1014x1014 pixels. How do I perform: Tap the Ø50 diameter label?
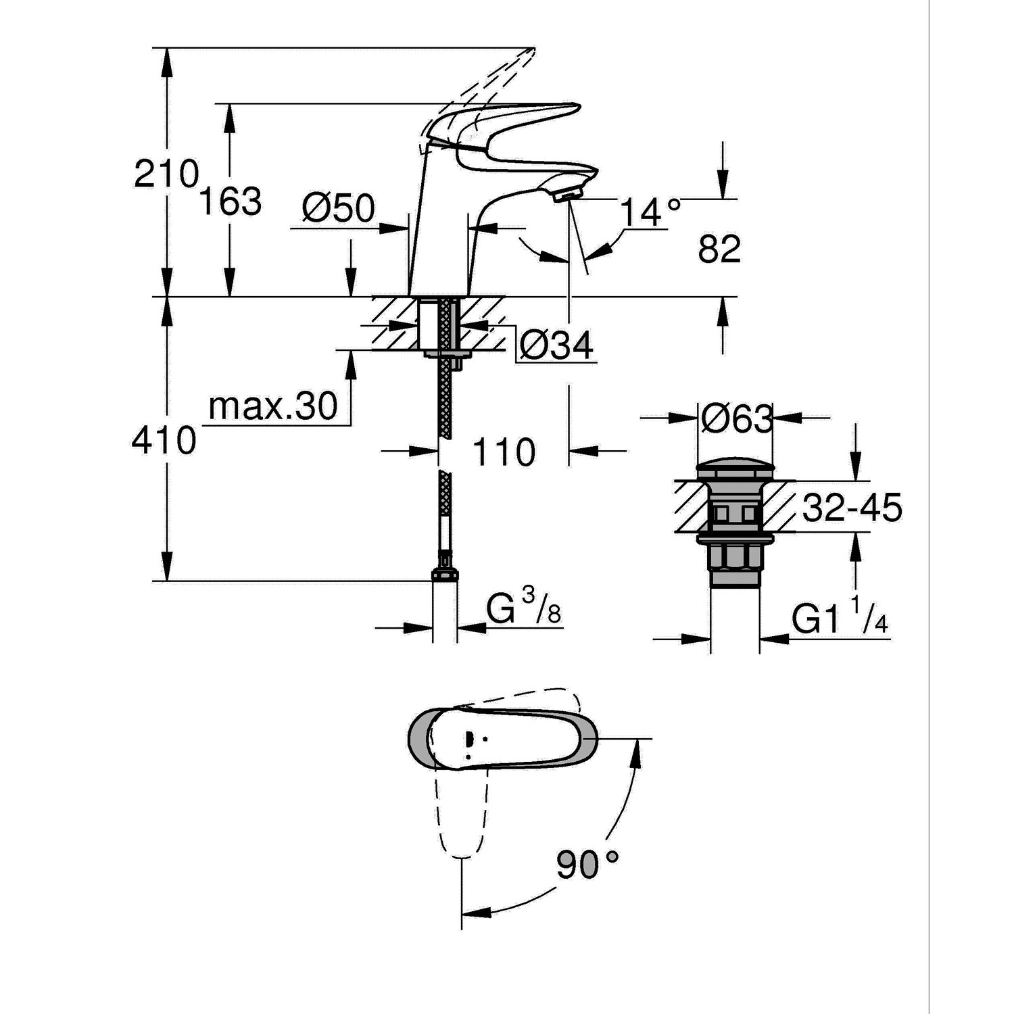[x=338, y=209]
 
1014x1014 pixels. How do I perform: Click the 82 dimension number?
[x=719, y=250]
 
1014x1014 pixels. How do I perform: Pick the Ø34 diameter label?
[x=556, y=347]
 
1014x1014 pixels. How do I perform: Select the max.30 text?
[x=273, y=407]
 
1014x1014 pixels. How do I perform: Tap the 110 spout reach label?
[x=503, y=452]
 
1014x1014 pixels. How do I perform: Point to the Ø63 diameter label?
[x=736, y=420]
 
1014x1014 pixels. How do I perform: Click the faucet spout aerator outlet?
[x=566, y=195]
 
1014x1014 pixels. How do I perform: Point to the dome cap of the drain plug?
[x=734, y=470]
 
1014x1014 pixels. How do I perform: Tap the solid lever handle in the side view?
[x=514, y=118]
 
